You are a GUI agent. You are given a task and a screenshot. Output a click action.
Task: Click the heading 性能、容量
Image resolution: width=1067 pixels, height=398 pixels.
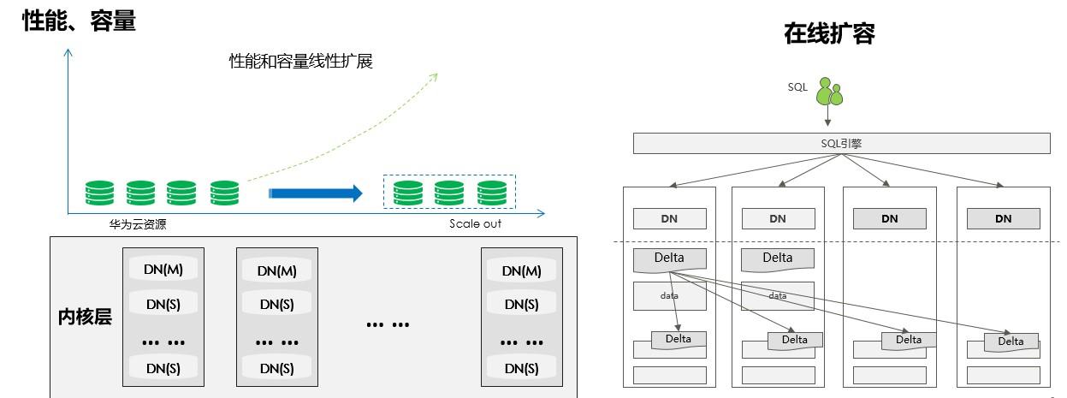[x=79, y=21]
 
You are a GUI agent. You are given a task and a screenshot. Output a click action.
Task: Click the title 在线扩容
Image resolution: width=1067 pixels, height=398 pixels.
[x=829, y=33]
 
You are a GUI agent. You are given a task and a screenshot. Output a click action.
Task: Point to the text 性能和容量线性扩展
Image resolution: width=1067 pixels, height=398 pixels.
[x=300, y=62]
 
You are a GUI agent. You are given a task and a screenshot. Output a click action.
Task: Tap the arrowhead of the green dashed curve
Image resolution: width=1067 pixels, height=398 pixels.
[x=433, y=77]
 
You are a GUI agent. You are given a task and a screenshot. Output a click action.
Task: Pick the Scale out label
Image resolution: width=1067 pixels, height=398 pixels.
[x=475, y=224]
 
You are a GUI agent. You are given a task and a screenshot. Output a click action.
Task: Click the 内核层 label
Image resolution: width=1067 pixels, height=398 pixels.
[x=85, y=317]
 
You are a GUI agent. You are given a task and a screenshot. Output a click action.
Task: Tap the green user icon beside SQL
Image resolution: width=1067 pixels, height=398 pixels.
[x=828, y=92]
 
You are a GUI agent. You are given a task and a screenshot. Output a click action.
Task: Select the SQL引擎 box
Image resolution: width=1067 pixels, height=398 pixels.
[x=841, y=144]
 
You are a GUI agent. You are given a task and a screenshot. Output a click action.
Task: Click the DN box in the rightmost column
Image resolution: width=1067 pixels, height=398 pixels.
[x=1004, y=218]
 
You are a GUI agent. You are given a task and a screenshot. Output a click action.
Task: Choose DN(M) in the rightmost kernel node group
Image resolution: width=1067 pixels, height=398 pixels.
[x=521, y=270]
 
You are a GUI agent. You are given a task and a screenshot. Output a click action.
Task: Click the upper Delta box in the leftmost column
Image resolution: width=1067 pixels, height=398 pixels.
[x=670, y=258]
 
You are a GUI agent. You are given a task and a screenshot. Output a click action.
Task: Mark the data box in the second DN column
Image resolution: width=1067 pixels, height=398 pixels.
[x=778, y=296]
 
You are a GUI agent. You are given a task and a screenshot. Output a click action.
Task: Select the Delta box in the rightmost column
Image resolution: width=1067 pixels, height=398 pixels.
[x=1011, y=342]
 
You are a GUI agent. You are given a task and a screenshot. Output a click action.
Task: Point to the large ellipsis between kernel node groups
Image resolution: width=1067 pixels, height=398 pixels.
[x=388, y=324]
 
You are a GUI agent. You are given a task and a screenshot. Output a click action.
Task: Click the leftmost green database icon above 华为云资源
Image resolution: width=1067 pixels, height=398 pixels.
[x=99, y=193]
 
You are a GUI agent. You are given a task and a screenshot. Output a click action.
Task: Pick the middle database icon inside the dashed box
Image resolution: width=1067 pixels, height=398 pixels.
[x=449, y=193]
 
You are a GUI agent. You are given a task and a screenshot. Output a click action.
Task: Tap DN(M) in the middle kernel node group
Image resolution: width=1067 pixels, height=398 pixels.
[x=276, y=270]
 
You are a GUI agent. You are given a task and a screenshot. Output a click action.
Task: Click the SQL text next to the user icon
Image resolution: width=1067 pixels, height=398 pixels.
[x=797, y=86]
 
